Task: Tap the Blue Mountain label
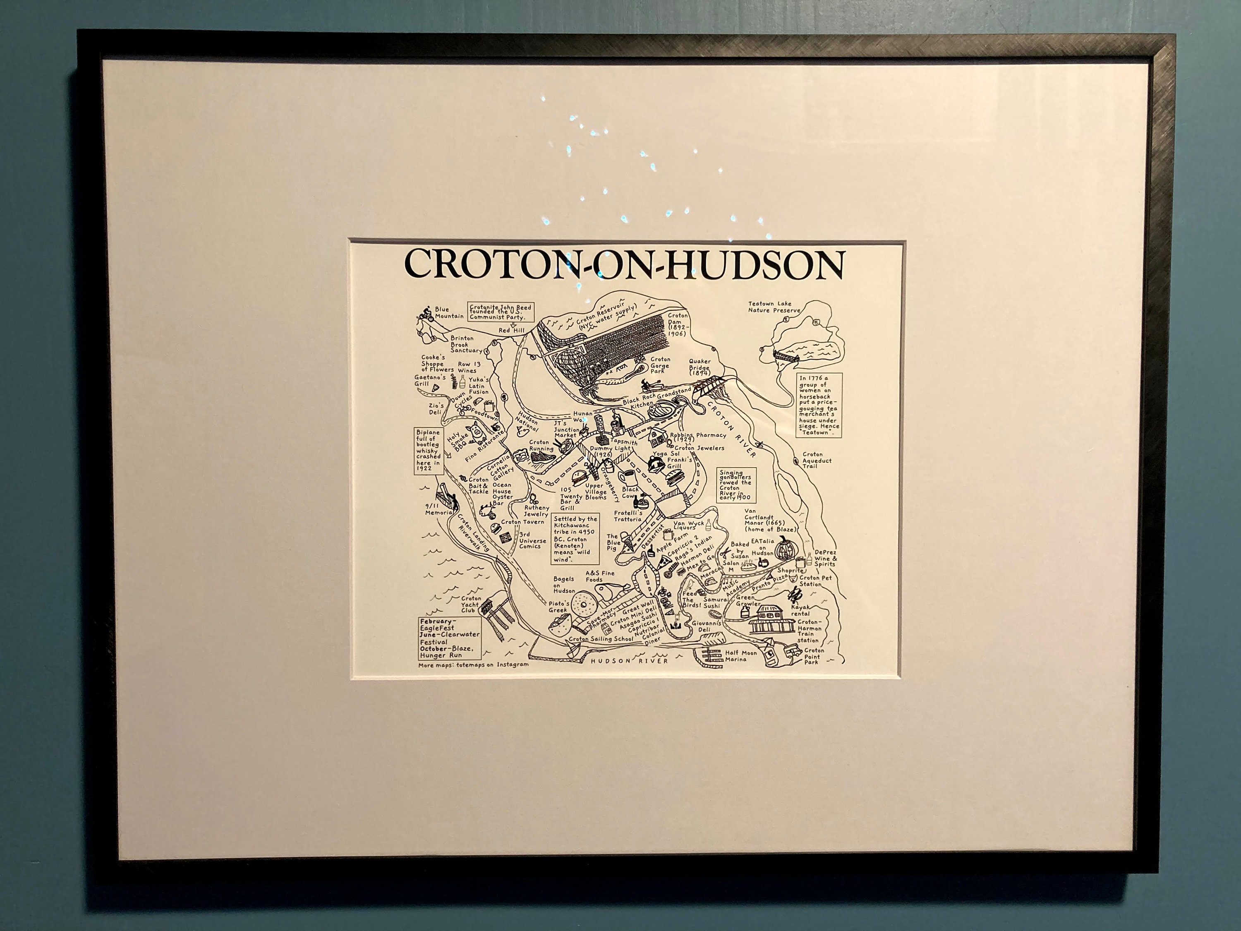tap(449, 312)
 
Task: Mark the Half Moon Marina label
tap(740, 655)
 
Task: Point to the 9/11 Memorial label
tap(439, 509)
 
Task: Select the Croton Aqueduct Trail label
tap(816, 461)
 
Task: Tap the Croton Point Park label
tap(814, 656)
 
